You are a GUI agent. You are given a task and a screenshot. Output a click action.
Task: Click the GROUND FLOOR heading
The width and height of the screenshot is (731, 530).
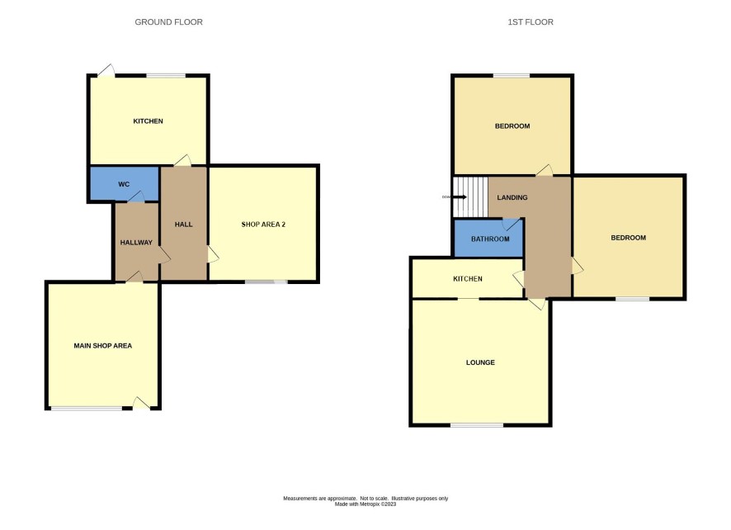(x=169, y=22)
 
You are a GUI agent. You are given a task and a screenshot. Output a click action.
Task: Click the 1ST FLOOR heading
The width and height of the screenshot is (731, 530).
(x=531, y=22)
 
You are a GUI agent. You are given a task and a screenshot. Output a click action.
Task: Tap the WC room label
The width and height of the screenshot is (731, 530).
(x=124, y=184)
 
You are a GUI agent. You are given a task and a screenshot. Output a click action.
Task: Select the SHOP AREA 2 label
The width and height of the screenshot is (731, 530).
(x=263, y=225)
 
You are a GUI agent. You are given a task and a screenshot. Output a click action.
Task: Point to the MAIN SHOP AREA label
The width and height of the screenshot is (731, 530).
(x=103, y=346)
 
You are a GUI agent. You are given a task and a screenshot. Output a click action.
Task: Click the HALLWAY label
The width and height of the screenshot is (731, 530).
(x=136, y=243)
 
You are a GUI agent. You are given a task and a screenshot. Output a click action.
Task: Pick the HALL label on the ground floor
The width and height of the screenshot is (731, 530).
(x=184, y=225)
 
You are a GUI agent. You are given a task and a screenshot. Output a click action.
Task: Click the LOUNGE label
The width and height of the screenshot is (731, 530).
(x=481, y=362)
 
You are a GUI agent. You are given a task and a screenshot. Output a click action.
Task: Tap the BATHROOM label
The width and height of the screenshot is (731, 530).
(x=490, y=239)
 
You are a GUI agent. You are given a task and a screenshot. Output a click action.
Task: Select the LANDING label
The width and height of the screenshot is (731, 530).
(x=512, y=197)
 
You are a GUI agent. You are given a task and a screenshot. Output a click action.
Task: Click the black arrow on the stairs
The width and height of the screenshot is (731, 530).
(x=460, y=196)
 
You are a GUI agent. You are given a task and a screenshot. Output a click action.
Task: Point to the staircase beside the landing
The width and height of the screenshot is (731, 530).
(x=470, y=196)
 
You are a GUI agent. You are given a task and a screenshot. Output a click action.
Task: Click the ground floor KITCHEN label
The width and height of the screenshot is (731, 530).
(x=149, y=121)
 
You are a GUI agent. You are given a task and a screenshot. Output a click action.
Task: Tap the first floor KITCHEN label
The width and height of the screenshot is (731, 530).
(x=468, y=279)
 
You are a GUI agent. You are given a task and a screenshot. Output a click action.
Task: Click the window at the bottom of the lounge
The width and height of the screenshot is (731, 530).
(x=477, y=425)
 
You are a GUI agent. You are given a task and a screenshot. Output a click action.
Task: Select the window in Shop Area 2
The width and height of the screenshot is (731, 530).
(x=266, y=282)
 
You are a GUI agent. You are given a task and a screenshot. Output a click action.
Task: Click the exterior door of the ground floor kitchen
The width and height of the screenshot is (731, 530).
(x=106, y=70)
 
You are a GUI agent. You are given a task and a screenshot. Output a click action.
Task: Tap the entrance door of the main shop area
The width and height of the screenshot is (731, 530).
(x=141, y=403)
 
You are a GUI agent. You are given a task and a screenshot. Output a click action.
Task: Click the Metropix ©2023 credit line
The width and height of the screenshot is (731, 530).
(x=365, y=504)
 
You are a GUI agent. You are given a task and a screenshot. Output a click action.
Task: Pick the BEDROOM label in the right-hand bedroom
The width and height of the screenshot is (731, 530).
(x=629, y=238)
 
